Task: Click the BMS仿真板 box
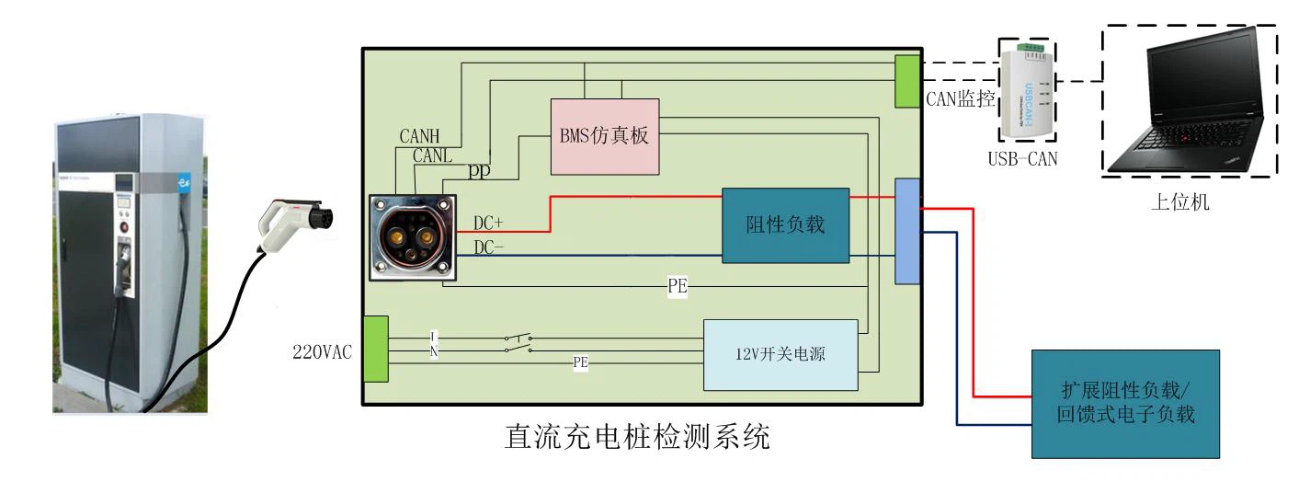604,136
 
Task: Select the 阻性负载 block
784,225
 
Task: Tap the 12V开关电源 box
780,354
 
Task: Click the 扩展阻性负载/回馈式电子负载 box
1125,403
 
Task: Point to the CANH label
419,137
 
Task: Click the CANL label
432,155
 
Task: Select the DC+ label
488,223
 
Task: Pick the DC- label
488,247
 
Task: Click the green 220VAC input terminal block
376,348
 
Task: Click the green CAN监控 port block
907,80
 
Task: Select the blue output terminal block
907,230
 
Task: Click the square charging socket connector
413,236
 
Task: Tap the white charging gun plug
291,224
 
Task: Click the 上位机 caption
1180,202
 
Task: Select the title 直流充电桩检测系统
638,435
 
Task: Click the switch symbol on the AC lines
518,344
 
